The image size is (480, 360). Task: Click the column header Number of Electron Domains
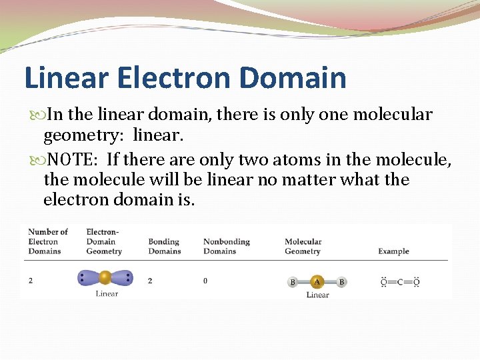coord(47,241)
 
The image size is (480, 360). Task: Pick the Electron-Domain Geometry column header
coord(104,241)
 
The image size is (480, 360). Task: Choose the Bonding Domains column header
coord(164,246)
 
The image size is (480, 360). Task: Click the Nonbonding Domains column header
coord(226,246)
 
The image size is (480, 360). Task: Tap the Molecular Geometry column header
coord(303,246)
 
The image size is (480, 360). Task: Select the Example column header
coord(393,251)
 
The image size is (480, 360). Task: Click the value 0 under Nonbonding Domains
coord(205,281)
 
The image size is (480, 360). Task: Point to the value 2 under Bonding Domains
coord(150,281)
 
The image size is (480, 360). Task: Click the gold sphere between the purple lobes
coord(105,277)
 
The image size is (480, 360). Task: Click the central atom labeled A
coord(317,282)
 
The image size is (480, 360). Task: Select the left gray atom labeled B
coord(293,282)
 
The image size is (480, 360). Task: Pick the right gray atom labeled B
coord(341,282)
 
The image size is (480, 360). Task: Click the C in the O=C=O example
coord(400,282)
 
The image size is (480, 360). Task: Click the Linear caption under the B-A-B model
coord(317,295)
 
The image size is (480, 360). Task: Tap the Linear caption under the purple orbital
coord(107,293)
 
